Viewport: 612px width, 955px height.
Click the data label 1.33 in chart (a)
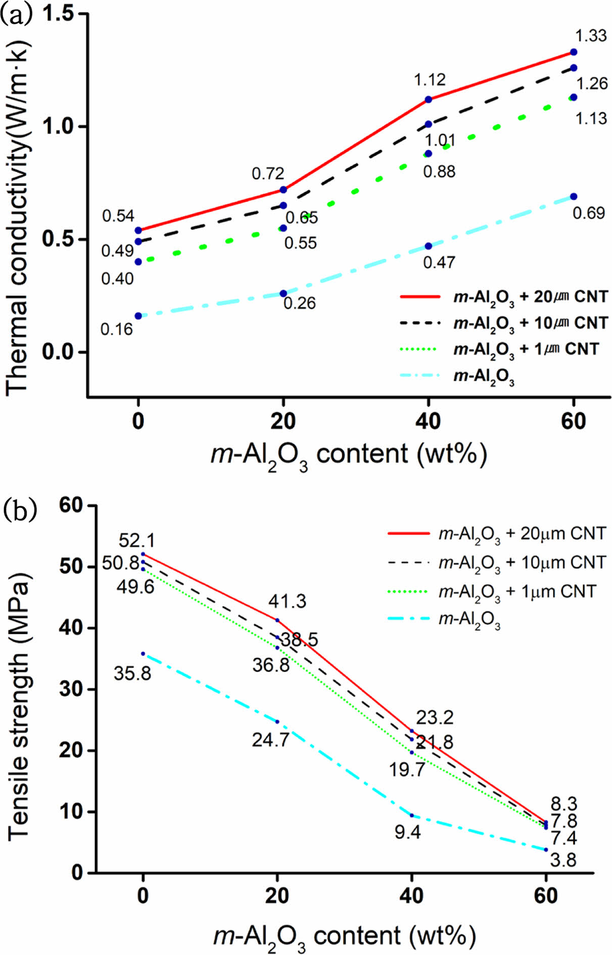click(x=591, y=36)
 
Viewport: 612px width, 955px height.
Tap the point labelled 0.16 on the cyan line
click(x=138, y=316)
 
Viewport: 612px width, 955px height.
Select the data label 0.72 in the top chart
click(x=268, y=174)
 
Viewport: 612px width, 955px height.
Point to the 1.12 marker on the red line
click(x=428, y=100)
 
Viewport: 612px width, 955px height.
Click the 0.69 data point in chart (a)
click(x=574, y=197)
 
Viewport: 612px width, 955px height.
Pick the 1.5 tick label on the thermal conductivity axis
click(x=58, y=14)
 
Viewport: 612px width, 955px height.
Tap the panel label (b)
click(x=20, y=510)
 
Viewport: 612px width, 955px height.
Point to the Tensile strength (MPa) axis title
click(x=18, y=707)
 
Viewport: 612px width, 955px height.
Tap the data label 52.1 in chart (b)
click(x=136, y=541)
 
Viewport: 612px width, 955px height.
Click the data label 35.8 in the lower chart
click(x=132, y=673)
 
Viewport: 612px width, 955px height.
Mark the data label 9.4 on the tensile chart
click(x=408, y=832)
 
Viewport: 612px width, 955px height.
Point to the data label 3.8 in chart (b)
click(x=563, y=860)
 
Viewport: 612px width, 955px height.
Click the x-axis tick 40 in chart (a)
click(x=428, y=421)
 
